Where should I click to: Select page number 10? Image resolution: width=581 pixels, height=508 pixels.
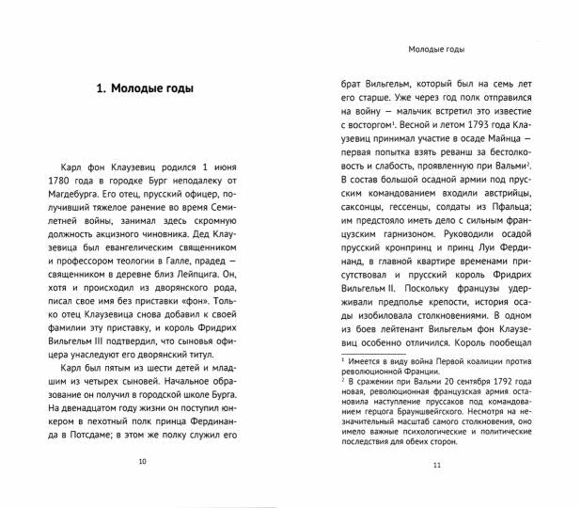(x=142, y=461)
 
